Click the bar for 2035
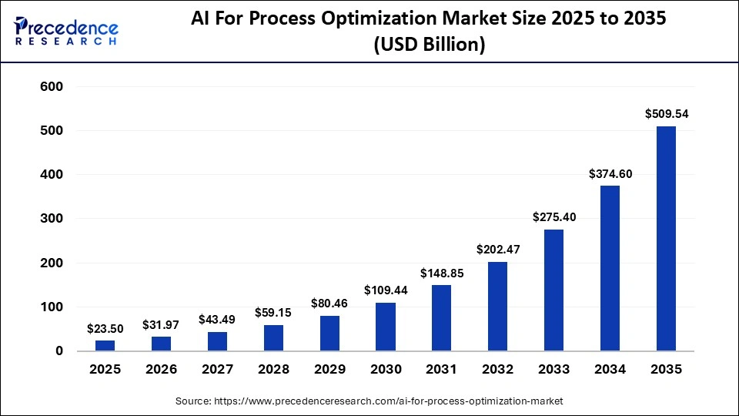click(666, 239)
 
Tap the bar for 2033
click(554, 290)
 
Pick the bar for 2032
click(498, 307)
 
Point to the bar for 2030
click(386, 327)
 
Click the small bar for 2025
click(105, 346)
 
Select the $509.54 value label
click(667, 114)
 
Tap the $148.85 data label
click(442, 273)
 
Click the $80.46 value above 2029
click(329, 303)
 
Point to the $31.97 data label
click(161, 324)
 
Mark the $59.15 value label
click(273, 313)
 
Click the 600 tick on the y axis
click(52, 87)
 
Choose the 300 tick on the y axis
click(52, 219)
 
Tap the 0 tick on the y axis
click(59, 351)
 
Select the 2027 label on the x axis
click(217, 370)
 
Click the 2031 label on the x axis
click(442, 370)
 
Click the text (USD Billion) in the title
click(429, 45)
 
